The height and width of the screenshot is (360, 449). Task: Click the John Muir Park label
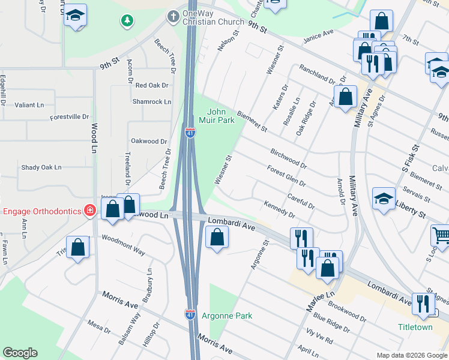(220, 116)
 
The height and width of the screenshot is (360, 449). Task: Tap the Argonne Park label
(226, 316)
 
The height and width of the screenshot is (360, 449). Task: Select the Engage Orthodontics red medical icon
(89, 210)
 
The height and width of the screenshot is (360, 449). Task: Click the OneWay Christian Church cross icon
(173, 16)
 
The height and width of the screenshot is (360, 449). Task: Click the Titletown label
(415, 327)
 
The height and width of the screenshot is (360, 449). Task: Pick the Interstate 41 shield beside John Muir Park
(190, 133)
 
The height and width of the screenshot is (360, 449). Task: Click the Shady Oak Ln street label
(41, 167)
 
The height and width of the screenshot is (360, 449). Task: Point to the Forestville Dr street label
(69, 117)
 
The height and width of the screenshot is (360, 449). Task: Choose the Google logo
(20, 353)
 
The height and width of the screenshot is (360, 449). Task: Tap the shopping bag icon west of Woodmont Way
(78, 247)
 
